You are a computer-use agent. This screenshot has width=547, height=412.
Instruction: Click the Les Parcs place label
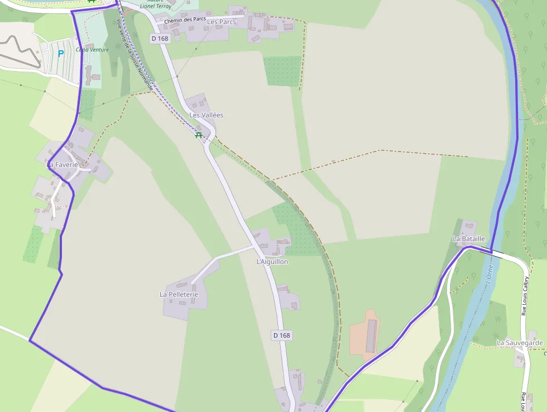pyautogui.click(x=222, y=22)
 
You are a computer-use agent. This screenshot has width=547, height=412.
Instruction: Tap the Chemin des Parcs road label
pyautogui.click(x=185, y=20)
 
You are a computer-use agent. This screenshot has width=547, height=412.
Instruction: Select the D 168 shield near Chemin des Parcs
pyautogui.click(x=159, y=38)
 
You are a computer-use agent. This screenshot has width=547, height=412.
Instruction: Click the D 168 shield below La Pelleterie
pyautogui.click(x=282, y=335)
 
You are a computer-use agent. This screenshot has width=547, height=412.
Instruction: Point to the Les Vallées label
pyautogui.click(x=207, y=115)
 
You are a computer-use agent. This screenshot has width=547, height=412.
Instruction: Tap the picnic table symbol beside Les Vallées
pyautogui.click(x=198, y=135)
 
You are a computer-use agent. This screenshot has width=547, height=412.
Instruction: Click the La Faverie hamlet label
pyautogui.click(x=63, y=164)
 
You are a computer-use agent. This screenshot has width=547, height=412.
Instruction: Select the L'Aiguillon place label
pyautogui.click(x=272, y=262)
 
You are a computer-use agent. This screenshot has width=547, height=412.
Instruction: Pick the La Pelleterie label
pyautogui.click(x=179, y=294)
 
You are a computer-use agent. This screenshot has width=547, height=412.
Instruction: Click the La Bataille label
pyautogui.click(x=468, y=239)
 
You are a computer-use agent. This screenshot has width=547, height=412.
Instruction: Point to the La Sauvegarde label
pyautogui.click(x=520, y=343)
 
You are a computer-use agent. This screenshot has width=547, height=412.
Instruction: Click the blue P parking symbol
pyautogui.click(x=61, y=54)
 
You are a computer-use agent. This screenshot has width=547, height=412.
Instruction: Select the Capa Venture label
pyautogui.click(x=93, y=50)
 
